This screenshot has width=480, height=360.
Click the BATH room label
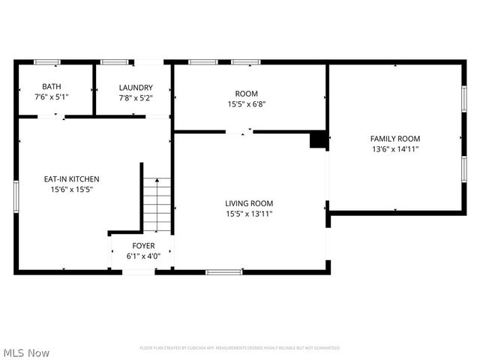(x=52, y=87)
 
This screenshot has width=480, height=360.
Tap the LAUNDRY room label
(x=136, y=88)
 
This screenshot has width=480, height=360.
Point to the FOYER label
(x=143, y=246)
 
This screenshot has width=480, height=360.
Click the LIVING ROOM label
(x=249, y=203)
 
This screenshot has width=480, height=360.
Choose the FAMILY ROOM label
(x=395, y=139)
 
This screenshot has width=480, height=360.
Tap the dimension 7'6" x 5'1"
(x=52, y=97)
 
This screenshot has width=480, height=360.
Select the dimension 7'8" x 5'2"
(x=136, y=98)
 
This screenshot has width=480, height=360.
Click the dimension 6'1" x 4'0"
(x=143, y=256)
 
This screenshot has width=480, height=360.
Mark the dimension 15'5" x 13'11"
(x=249, y=214)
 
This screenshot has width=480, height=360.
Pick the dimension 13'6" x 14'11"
(x=395, y=149)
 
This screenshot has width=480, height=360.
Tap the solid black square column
(x=318, y=140)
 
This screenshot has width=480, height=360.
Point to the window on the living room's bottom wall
(x=223, y=271)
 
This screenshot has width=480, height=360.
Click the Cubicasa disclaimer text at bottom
(x=240, y=348)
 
